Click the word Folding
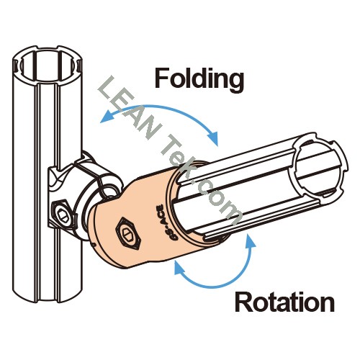pos(199,80)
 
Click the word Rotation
pos(284,302)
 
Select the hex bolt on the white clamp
pos(63,212)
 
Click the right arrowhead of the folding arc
pos(213,138)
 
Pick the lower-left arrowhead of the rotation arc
pos(179,267)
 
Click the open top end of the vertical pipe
pos(48,63)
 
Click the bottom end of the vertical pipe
pos(48,294)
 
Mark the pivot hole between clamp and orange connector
pos(109,192)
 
